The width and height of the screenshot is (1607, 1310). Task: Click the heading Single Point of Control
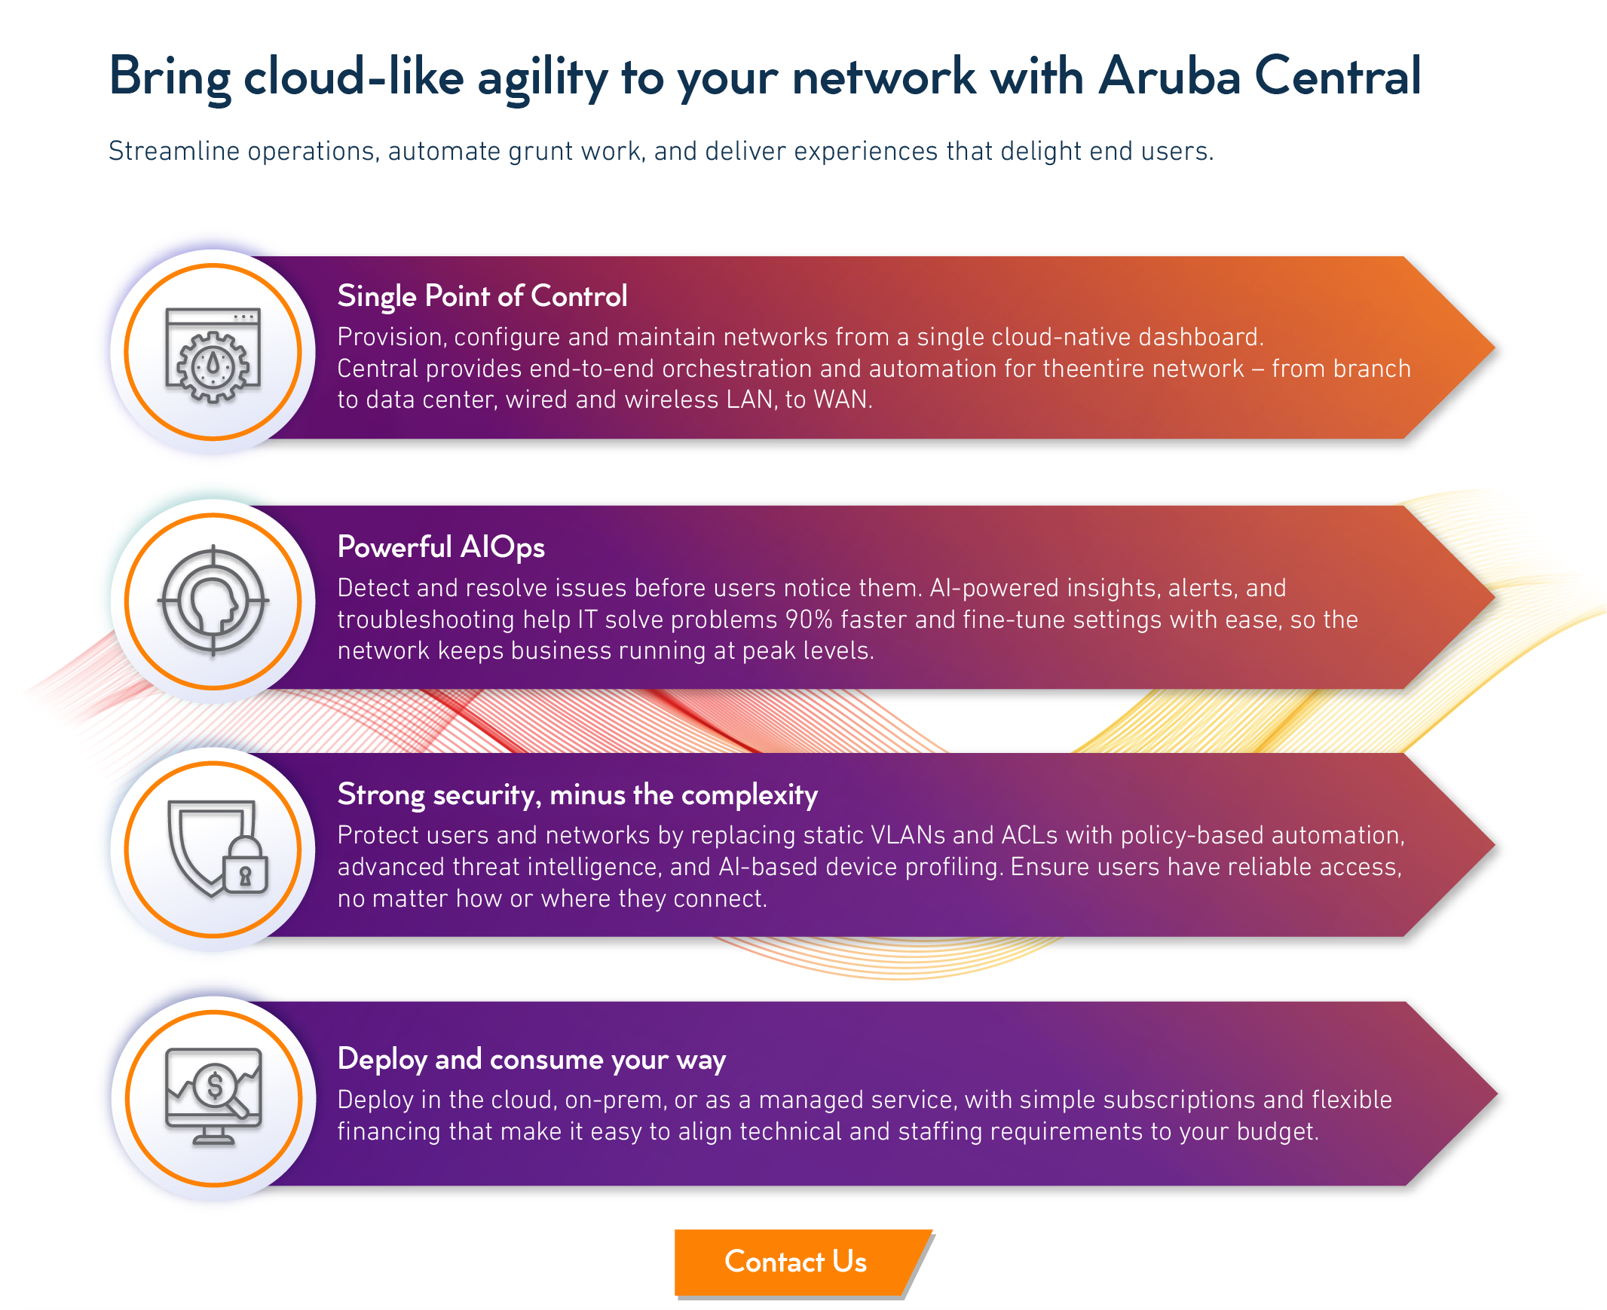pos(482,296)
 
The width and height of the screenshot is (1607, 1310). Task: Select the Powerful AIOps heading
pos(441,547)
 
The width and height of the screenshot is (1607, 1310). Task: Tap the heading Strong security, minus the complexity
pos(577,794)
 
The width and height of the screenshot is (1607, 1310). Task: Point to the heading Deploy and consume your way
pos(531,1060)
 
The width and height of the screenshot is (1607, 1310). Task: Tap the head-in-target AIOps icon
pos(213,601)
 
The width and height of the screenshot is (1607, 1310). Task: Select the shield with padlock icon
pos(217,849)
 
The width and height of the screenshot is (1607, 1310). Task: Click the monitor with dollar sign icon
pos(213,1097)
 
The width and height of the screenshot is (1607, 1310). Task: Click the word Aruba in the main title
pos(1169,76)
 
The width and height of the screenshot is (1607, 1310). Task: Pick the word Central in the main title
pos(1338,76)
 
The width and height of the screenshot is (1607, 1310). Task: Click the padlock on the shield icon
pos(244,866)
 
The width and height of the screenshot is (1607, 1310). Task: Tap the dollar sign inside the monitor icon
pos(215,1086)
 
